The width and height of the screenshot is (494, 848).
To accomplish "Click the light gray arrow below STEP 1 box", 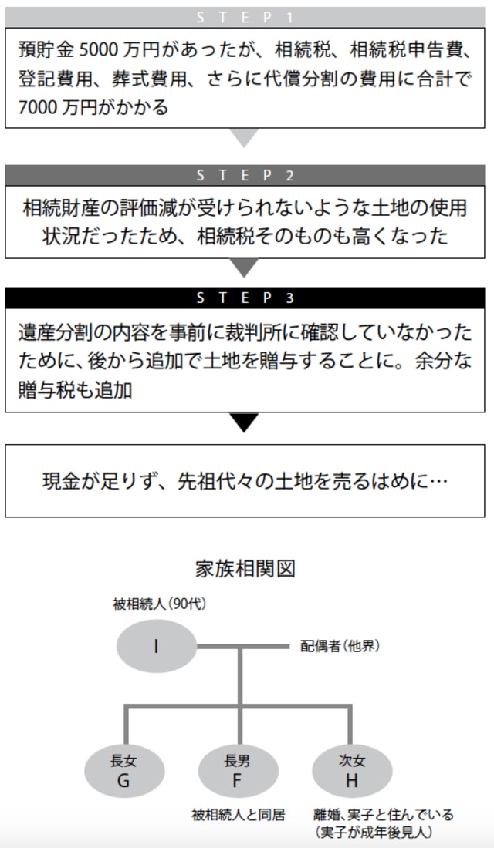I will coord(245,138).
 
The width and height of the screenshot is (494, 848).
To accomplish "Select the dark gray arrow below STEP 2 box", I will coord(245,268).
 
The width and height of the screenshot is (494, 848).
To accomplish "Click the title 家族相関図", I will coord(245,569).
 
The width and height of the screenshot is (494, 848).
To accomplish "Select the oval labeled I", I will coord(156,645).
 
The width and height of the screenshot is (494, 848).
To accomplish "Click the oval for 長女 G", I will coord(123,770).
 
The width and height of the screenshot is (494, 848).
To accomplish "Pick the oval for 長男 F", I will coord(238,770).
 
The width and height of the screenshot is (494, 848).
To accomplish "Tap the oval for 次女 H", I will coord(352,770).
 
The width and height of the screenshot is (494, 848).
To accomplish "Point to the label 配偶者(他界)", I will coord(340,646).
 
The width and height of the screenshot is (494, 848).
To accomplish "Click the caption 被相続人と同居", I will coord(239,815).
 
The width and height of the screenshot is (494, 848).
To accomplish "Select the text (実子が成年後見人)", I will coord(373,832).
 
